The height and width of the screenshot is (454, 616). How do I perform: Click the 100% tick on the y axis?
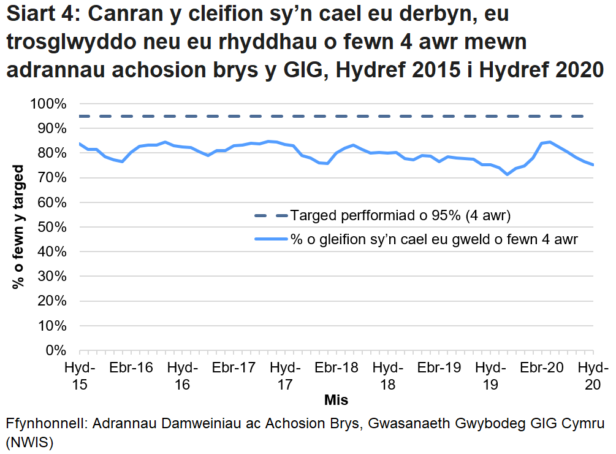tap(48, 104)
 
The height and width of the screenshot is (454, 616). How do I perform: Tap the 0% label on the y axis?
tap(55, 350)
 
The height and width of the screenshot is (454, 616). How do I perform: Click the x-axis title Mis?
tap(336, 400)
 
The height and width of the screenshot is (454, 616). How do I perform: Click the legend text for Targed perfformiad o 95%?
tap(401, 216)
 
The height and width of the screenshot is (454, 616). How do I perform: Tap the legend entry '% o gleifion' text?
tap(434, 240)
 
